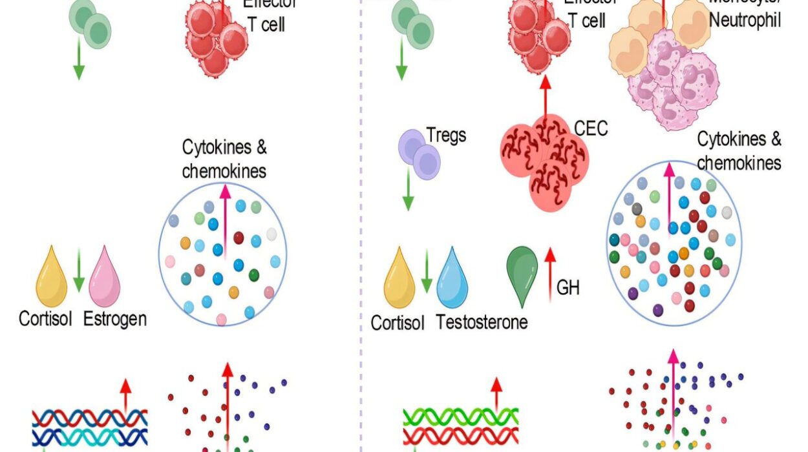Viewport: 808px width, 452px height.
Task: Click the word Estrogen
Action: pyautogui.click(x=115, y=318)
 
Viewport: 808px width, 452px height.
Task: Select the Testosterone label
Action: pyautogui.click(x=482, y=321)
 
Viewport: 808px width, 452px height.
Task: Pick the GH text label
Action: pyautogui.click(x=568, y=287)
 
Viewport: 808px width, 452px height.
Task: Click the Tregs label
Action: pyautogui.click(x=446, y=136)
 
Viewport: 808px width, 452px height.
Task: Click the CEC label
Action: pyautogui.click(x=591, y=128)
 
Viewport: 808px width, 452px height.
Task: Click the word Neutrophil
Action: pyautogui.click(x=745, y=20)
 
